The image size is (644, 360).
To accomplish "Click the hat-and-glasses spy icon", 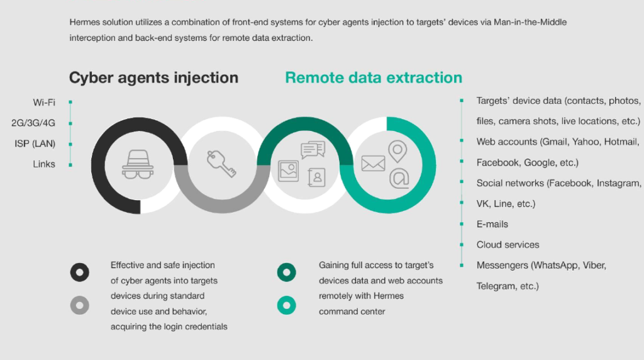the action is click(138, 164).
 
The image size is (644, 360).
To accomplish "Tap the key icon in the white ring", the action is click(221, 164).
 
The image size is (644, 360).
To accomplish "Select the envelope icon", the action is click(373, 164).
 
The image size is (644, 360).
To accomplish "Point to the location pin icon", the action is click(397, 152).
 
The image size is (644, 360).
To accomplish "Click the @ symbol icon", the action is click(399, 178).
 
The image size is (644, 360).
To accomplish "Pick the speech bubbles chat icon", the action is click(313, 150).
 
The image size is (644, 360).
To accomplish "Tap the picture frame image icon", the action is click(288, 171).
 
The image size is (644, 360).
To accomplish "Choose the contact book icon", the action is click(317, 177).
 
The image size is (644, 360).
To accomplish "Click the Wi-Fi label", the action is click(44, 103).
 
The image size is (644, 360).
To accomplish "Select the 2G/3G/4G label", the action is click(33, 123).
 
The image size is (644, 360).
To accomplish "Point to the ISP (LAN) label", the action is click(35, 143).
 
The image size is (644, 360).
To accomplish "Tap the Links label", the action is click(44, 164).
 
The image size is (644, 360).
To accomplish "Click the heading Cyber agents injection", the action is click(153, 77).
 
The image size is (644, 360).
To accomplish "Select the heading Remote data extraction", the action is click(374, 77).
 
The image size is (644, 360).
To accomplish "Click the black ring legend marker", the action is click(80, 272).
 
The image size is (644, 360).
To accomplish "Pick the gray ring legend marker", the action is click(80, 305).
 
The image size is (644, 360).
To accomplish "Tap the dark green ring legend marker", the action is click(286, 272).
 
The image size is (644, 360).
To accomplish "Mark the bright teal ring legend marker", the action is click(286, 305).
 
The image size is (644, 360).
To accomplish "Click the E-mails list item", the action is click(492, 224).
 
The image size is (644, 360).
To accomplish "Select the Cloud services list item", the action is click(508, 245).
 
